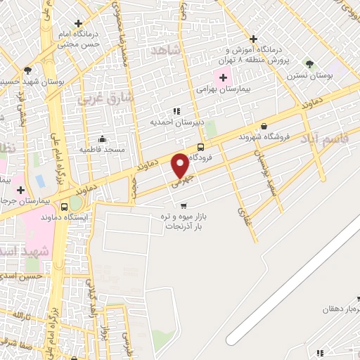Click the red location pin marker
click(180, 165)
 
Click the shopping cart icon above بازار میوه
click(184, 206)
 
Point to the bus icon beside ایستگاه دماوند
click(65, 207)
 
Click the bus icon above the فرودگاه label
click(202, 147)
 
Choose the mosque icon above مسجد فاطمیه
click(103, 138)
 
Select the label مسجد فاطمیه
click(102, 149)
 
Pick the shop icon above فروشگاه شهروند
click(263, 126)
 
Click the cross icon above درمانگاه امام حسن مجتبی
click(88, 22)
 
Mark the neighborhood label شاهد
click(166, 51)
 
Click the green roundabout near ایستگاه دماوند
click(75, 203)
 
